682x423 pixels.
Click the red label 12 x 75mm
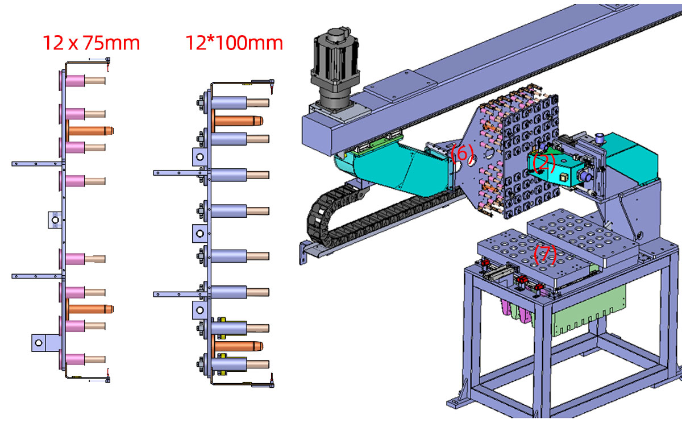click(91, 43)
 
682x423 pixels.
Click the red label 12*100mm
click(234, 43)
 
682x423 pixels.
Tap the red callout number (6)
click(461, 153)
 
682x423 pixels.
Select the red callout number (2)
click(544, 163)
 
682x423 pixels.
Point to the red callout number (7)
click(545, 254)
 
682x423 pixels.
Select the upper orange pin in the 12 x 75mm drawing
click(91, 130)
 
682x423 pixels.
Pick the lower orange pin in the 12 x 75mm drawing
click(91, 309)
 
